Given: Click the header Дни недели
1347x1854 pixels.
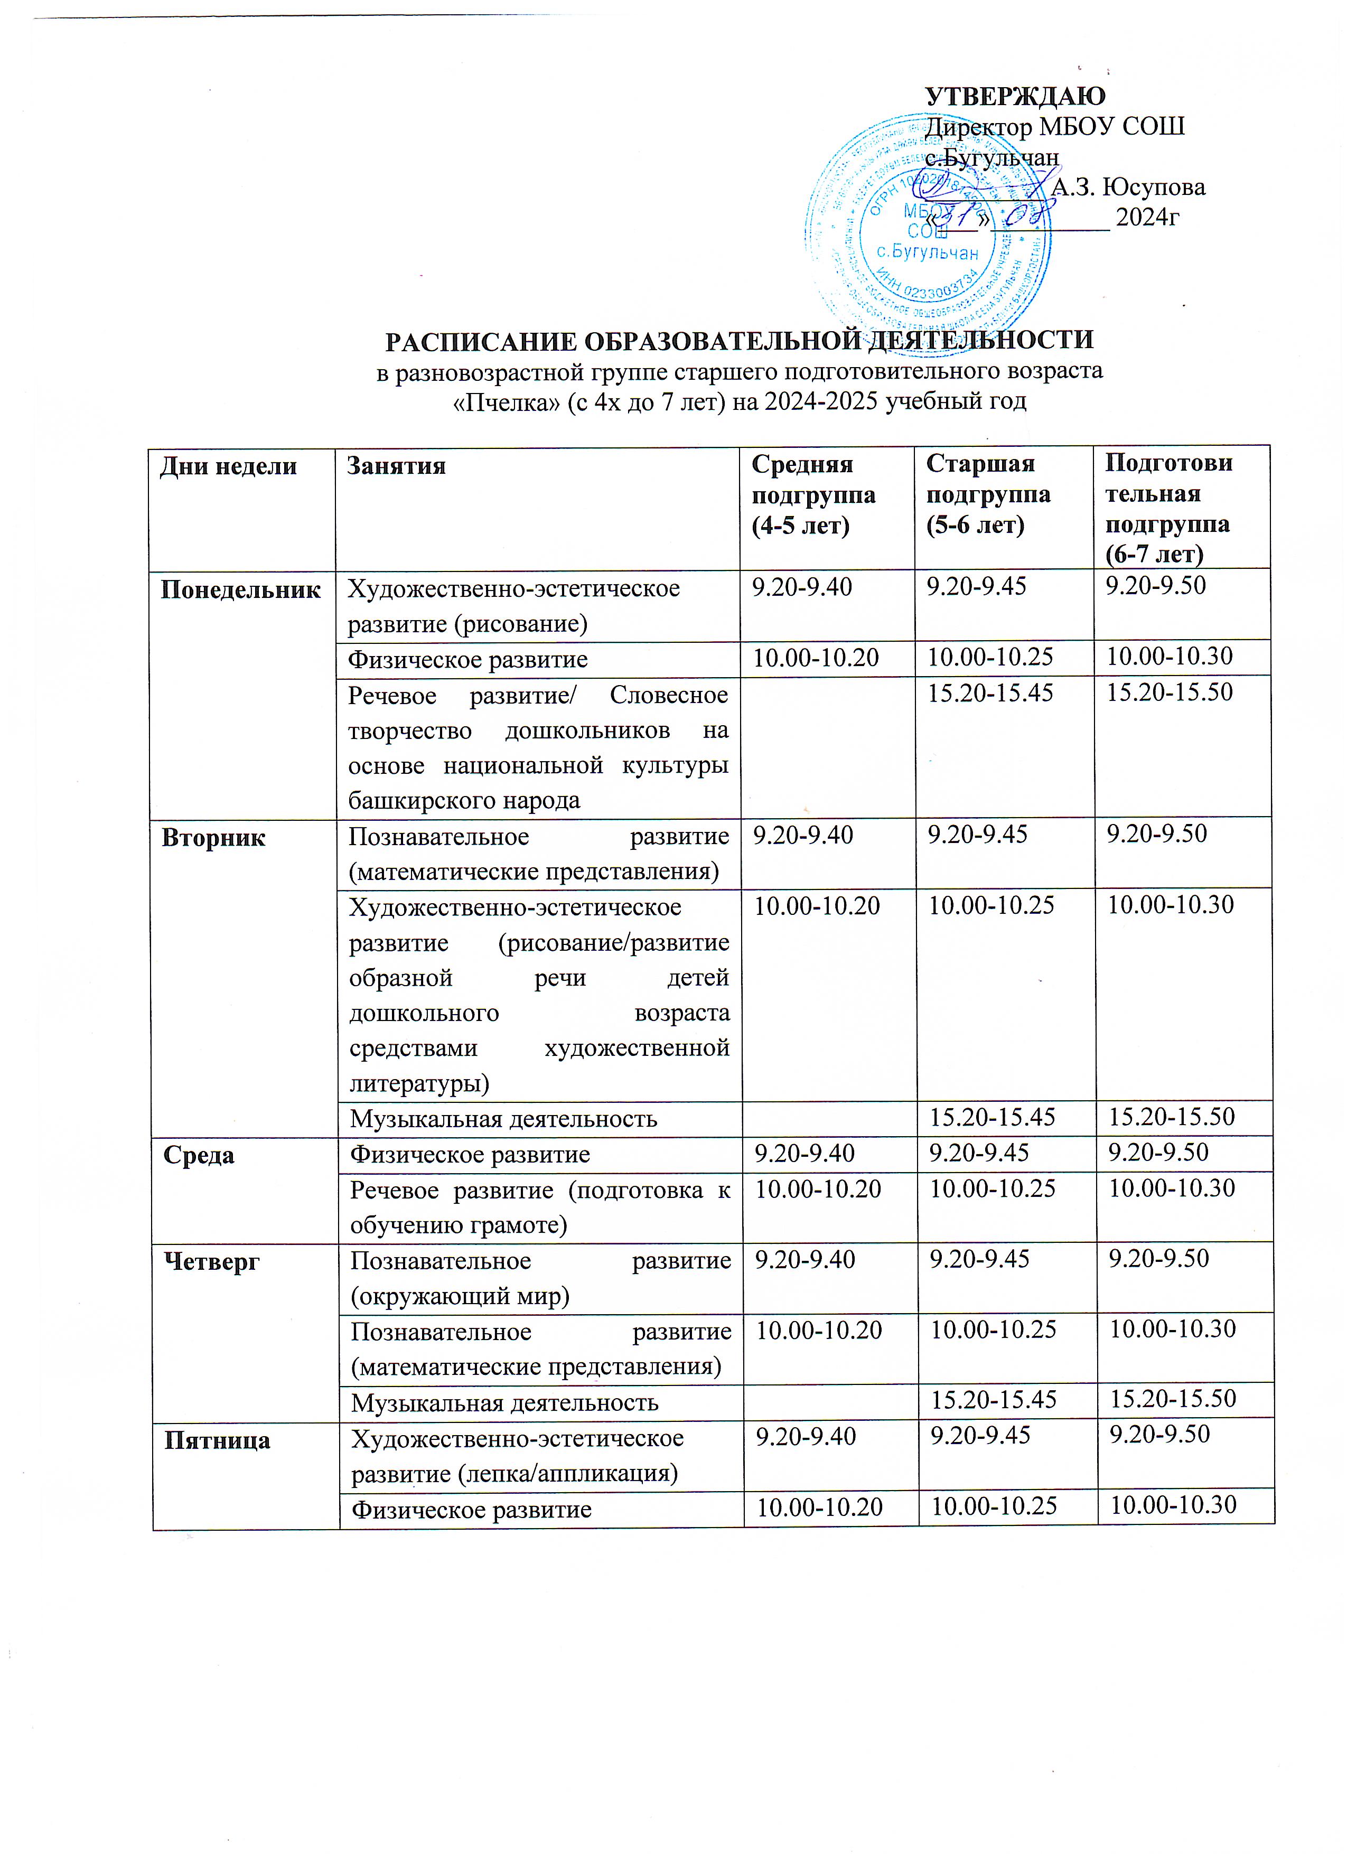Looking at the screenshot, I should pos(228,467).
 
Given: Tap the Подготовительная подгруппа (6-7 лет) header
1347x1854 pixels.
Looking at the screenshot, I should pos(1168,509).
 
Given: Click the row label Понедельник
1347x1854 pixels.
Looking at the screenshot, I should pos(240,589).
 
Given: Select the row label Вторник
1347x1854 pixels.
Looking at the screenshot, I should pos(213,838).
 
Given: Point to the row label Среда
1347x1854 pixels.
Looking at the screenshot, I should pos(199,1155).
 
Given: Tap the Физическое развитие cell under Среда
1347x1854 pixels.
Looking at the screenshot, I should pos(470,1154).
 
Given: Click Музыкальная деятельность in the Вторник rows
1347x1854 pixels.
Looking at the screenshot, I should pos(503,1118).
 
